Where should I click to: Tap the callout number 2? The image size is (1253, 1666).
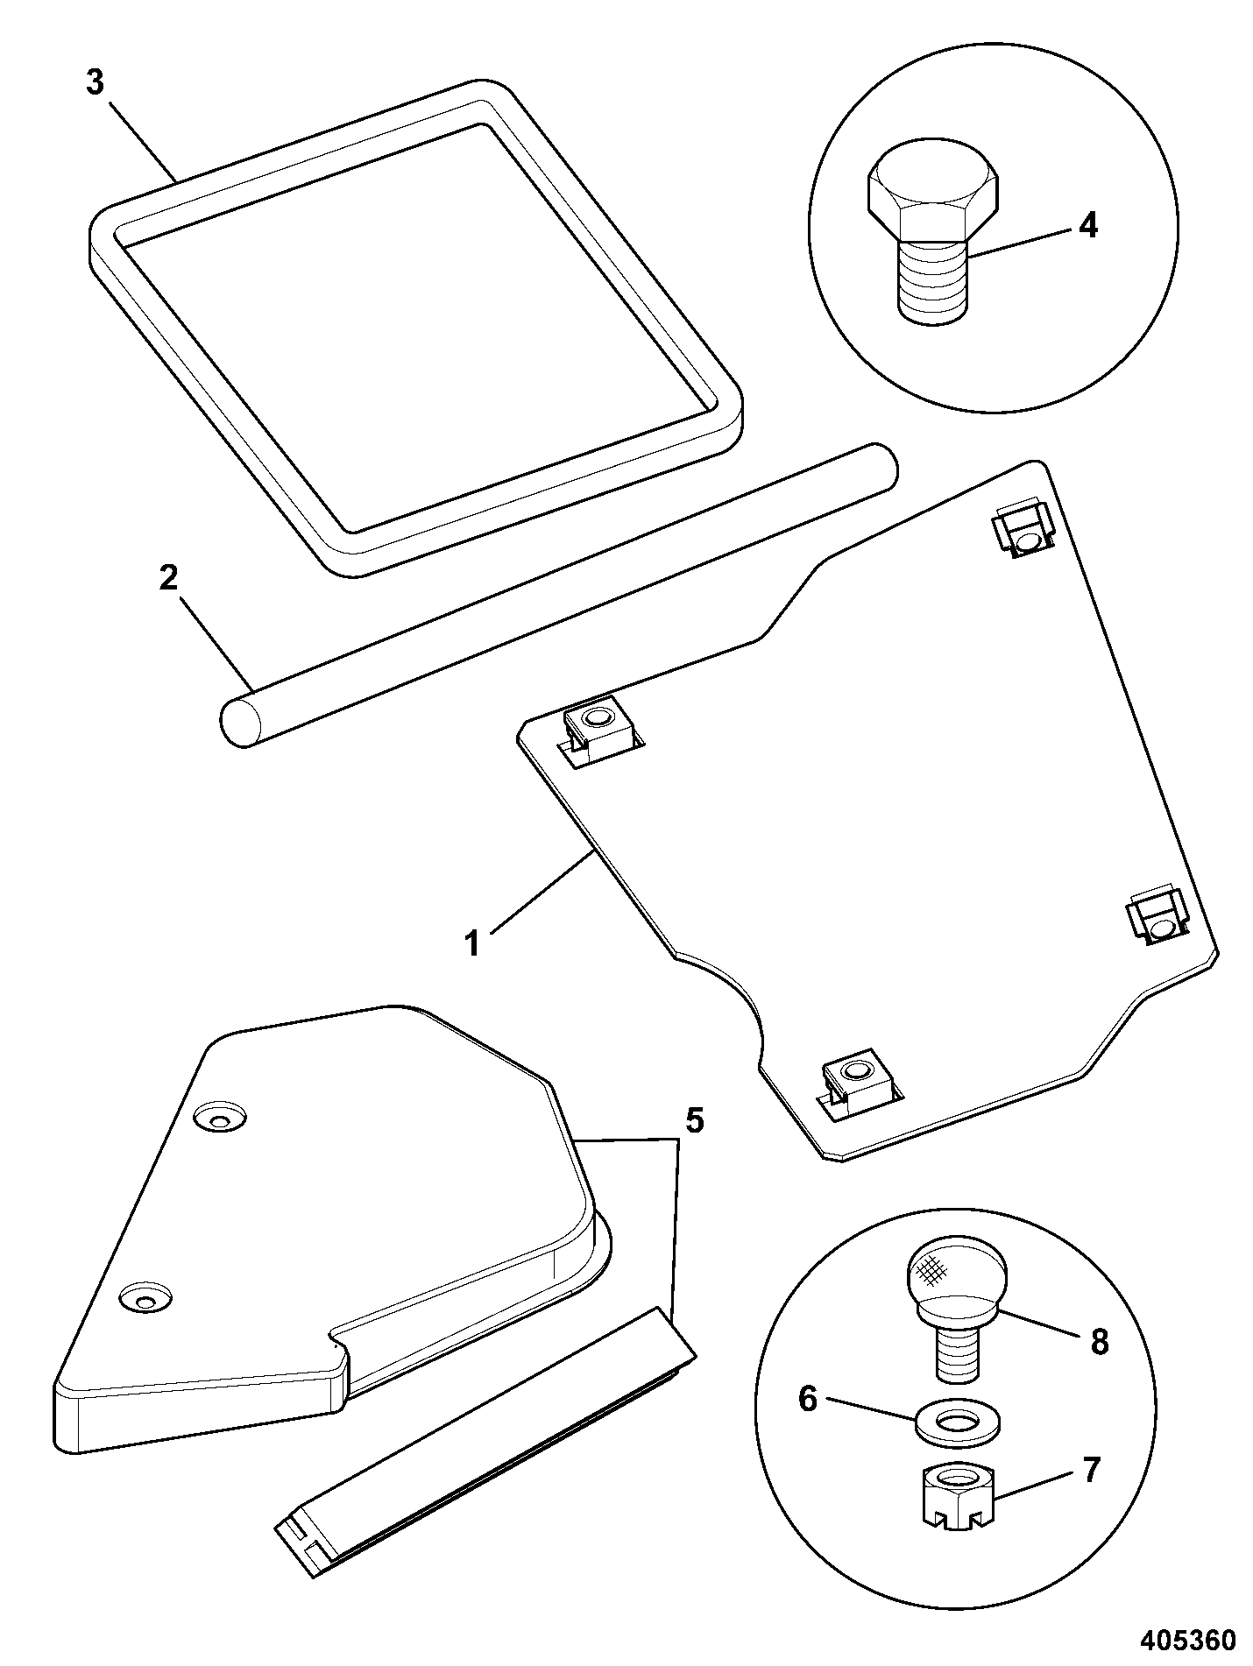pos(168,578)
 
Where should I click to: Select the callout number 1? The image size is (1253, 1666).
pos(472,944)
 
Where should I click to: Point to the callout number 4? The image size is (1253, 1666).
pos(1087,226)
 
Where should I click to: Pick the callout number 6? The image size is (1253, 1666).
pos(808,1400)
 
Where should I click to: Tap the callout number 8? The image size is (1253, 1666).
pos(1100,1342)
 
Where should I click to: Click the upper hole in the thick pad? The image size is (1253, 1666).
pos(220,1117)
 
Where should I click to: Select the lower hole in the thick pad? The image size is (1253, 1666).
pos(145,1298)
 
